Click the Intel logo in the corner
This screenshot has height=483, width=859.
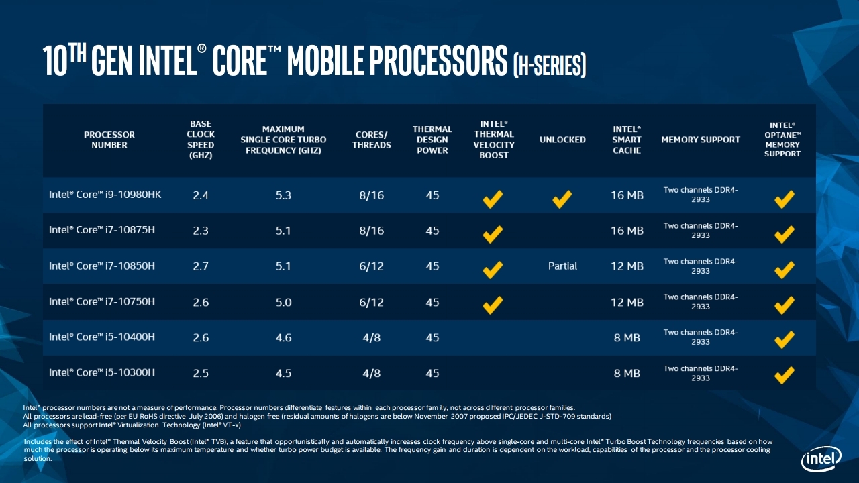pyautogui.click(x=821, y=460)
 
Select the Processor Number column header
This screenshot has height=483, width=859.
pyautogui.click(x=109, y=140)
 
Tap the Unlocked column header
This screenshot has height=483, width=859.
pyautogui.click(x=562, y=140)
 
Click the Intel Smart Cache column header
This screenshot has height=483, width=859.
pyautogui.click(x=627, y=140)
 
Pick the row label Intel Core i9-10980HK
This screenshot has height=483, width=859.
pyautogui.click(x=105, y=195)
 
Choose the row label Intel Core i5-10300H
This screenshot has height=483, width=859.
pyautogui.click(x=102, y=373)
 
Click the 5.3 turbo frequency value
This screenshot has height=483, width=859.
pyautogui.click(x=283, y=195)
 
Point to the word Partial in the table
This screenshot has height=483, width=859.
pyautogui.click(x=562, y=266)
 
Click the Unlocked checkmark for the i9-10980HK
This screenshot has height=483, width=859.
pyautogui.click(x=562, y=199)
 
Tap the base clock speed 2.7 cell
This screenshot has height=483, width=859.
pyautogui.click(x=201, y=266)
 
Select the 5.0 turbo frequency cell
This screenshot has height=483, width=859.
pyautogui.click(x=283, y=302)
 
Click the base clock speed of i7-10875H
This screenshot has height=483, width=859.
pyautogui.click(x=201, y=231)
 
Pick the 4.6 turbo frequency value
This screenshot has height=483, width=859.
pyautogui.click(x=283, y=337)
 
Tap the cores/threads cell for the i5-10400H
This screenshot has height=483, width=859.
pyautogui.click(x=371, y=337)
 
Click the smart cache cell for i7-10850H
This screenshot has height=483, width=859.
pyautogui.click(x=627, y=266)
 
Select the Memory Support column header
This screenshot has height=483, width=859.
pyautogui.click(x=701, y=140)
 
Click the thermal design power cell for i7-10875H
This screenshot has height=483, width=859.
pyautogui.click(x=432, y=231)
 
